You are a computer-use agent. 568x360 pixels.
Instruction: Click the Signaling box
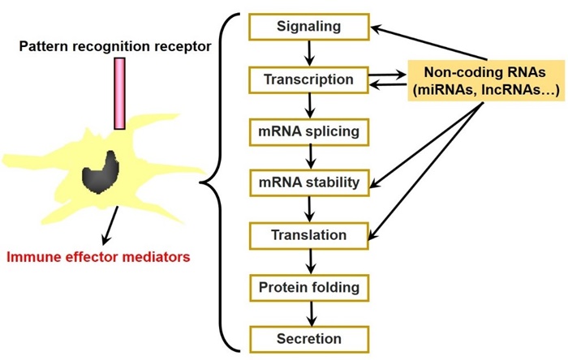(x=309, y=27)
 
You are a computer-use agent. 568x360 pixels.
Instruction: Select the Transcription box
(x=308, y=80)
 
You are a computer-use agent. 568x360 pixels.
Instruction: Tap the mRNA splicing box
(x=309, y=132)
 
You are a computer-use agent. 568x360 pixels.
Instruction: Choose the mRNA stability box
(x=309, y=182)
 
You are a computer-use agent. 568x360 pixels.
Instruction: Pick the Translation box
(x=309, y=236)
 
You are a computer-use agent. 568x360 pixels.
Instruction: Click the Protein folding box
(x=309, y=288)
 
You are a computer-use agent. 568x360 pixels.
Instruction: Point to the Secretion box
(x=309, y=340)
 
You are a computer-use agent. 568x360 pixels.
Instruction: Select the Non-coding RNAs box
(x=486, y=81)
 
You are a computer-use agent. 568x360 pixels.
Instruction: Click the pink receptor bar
(x=120, y=93)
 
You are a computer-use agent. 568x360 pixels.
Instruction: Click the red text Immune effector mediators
(x=98, y=257)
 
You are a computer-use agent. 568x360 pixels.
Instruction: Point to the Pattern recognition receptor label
(x=115, y=47)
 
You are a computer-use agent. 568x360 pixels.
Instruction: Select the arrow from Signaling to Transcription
(x=309, y=54)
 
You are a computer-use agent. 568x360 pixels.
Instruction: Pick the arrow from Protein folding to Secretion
(x=312, y=314)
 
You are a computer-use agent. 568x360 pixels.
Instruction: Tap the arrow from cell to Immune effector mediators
(x=110, y=225)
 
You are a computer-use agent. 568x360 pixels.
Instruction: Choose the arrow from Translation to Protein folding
(x=311, y=262)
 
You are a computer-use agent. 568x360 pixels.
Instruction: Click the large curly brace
(x=220, y=182)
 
